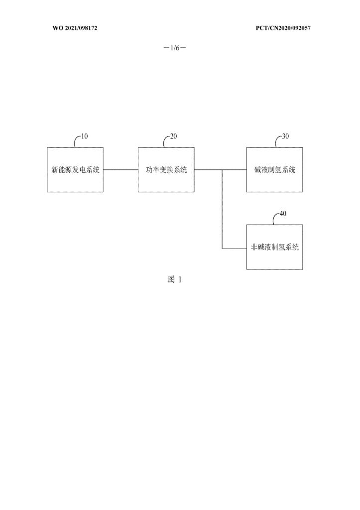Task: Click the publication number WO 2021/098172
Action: pos(75,28)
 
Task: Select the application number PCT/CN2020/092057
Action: pos(283,28)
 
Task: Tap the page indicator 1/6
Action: pos(175,48)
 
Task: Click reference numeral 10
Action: pos(84,136)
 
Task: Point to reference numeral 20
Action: pos(174,136)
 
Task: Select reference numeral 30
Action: pos(285,136)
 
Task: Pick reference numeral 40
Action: pos(283,214)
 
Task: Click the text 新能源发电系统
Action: pos(76,169)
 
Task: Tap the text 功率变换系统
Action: pos(166,169)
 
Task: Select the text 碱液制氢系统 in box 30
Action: pos(275,169)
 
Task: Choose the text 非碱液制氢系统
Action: pos(275,247)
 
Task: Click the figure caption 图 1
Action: pos(175,279)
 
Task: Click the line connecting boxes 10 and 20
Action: pos(120,169)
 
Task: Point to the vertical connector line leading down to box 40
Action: pos(223,209)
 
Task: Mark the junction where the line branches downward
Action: pos(223,169)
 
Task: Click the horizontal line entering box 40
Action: pos(235,249)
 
